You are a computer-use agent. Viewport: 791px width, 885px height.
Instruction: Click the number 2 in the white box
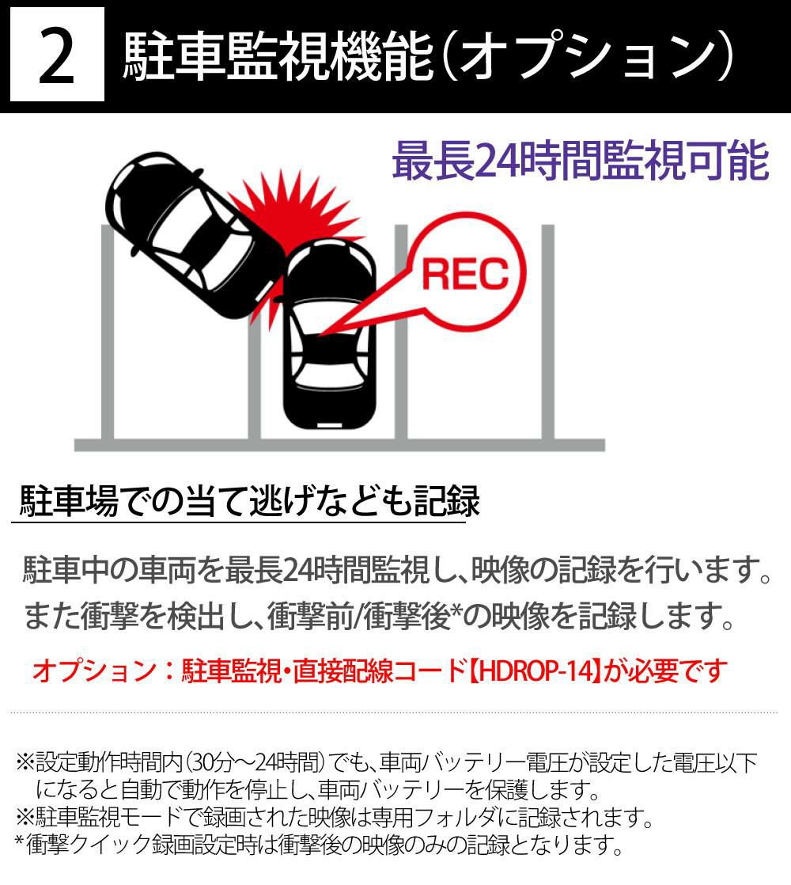(57, 57)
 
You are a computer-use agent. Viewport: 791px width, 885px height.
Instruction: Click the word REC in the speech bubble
(465, 274)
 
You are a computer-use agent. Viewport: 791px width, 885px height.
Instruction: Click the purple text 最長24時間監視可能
(580, 161)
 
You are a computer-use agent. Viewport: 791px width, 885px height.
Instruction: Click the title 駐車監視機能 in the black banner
(278, 56)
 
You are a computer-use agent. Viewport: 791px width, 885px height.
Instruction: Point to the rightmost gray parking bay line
(548, 332)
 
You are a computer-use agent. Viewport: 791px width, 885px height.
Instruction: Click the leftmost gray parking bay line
(108, 332)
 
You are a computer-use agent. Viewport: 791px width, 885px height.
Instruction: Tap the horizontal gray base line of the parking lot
(339, 446)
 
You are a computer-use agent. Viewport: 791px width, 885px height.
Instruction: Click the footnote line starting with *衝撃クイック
(319, 845)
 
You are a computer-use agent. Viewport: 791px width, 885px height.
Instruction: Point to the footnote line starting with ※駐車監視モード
(334, 817)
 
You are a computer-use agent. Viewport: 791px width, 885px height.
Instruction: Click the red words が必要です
(666, 670)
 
